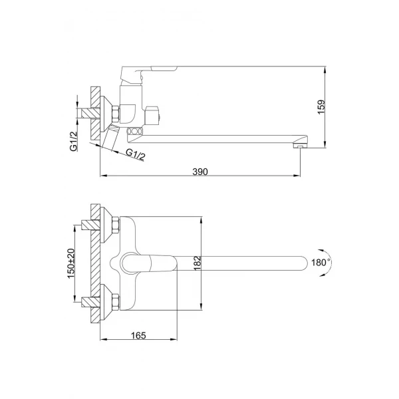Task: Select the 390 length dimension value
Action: pos(201,172)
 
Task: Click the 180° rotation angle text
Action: pos(320,263)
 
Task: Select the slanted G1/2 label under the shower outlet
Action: pos(137,154)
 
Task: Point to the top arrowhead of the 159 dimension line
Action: pos(325,69)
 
